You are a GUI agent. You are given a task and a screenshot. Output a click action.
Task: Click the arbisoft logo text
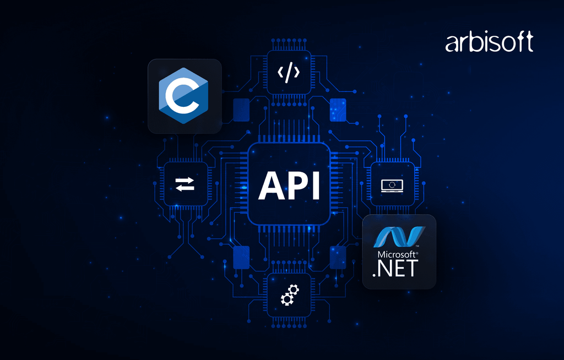point(489,43)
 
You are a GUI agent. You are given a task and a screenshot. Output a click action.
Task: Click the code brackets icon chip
point(289,73)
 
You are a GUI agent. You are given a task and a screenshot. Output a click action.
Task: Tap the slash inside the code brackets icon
point(289,73)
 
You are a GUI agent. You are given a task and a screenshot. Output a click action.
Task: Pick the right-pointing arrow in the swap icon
point(185,181)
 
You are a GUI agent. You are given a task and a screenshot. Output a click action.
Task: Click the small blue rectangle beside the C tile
point(241,110)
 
